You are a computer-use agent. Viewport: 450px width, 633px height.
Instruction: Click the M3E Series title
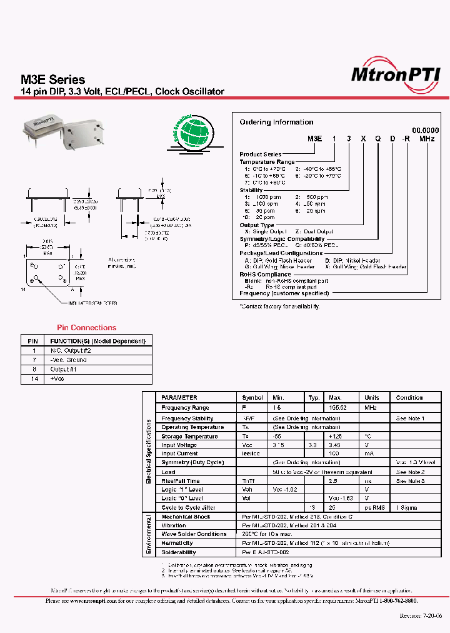tap(53, 79)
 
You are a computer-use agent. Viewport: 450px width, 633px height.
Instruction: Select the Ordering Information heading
tap(276, 122)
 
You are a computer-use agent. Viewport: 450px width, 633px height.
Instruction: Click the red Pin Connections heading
tap(86, 328)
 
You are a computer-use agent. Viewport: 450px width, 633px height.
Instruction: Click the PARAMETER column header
tap(179, 398)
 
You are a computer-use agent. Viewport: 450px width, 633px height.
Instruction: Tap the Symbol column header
tap(252, 398)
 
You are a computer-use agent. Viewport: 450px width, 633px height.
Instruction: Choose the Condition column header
tap(409, 398)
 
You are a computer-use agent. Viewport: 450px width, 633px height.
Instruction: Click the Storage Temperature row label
tap(189, 437)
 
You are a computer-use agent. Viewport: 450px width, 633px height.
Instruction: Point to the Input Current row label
tap(179, 453)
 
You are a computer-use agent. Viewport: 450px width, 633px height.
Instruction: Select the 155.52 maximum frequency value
tap(338, 407)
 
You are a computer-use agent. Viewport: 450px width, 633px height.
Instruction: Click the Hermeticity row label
tap(177, 543)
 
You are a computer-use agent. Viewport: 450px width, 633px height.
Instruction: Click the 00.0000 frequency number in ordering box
tap(424, 129)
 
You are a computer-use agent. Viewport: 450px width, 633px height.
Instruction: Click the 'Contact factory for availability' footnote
tap(280, 306)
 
